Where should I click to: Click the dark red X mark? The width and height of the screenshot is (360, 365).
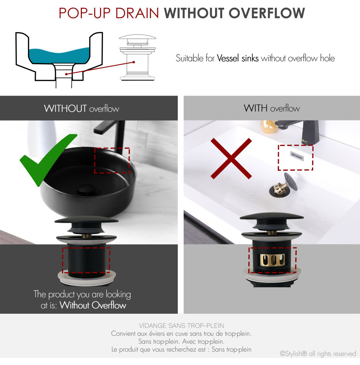coord(231,159)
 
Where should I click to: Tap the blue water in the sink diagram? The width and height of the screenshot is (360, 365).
coord(59,55)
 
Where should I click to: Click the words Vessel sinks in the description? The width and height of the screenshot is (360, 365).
coord(238,58)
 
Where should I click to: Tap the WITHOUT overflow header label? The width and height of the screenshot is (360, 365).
coord(82,108)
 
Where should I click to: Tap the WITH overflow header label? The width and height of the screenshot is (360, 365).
coord(271,108)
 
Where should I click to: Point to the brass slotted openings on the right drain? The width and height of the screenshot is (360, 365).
coord(273,260)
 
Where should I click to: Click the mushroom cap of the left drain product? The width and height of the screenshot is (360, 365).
coord(86,220)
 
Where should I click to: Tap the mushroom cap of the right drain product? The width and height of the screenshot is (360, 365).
coord(272,217)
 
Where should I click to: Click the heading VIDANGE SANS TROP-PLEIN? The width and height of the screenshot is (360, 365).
coord(181,326)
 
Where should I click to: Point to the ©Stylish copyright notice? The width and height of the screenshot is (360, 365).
coord(318,354)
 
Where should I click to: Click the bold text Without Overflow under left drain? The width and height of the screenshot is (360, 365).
coord(93,305)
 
